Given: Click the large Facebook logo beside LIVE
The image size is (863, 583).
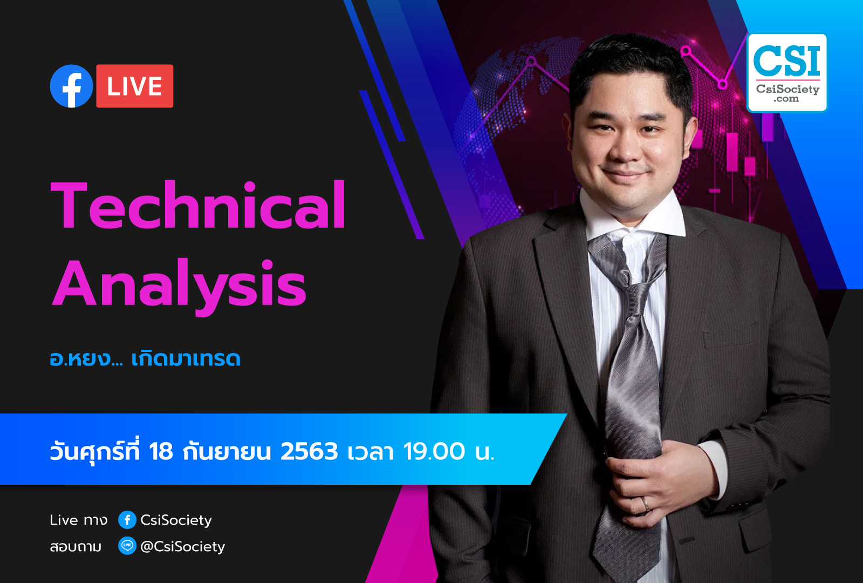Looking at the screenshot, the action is point(71,86).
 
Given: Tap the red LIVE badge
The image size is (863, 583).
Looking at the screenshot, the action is point(134,86).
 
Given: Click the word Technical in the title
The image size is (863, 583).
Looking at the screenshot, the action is point(198,205).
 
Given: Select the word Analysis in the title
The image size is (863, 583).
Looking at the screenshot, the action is point(179,286).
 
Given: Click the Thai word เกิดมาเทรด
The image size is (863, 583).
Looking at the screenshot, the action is point(186,358).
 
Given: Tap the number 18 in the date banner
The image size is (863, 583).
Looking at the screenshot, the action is point(161,451).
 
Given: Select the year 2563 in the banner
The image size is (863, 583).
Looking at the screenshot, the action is point(309,451).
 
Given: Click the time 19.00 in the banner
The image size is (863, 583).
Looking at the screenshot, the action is point(434,451).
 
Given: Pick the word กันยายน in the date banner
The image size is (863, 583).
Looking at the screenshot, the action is point(227,451).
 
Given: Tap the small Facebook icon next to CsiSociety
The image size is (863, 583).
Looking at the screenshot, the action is point(127,520).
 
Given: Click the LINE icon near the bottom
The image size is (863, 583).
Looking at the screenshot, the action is point(127,546).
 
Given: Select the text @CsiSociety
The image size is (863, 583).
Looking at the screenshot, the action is point(183,547).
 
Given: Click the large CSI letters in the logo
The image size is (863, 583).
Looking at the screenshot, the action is point(786,60).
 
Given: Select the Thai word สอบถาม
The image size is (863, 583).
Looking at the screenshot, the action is point(76,547).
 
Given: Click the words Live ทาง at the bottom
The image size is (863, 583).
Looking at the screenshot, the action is point(79,520).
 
